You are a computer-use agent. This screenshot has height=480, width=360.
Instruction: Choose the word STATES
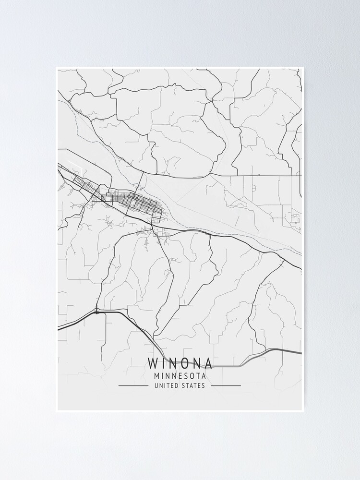pyautogui.click(x=193, y=385)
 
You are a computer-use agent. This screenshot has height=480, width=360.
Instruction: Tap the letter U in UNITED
pyautogui.click(x=156, y=385)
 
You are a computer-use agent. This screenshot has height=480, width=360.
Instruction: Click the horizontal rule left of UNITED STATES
pyautogui.click(x=133, y=385)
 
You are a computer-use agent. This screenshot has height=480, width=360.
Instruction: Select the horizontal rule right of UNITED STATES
pyautogui.click(x=226, y=385)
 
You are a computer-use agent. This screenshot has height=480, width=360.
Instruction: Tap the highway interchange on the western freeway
pyautogui.click(x=97, y=312)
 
